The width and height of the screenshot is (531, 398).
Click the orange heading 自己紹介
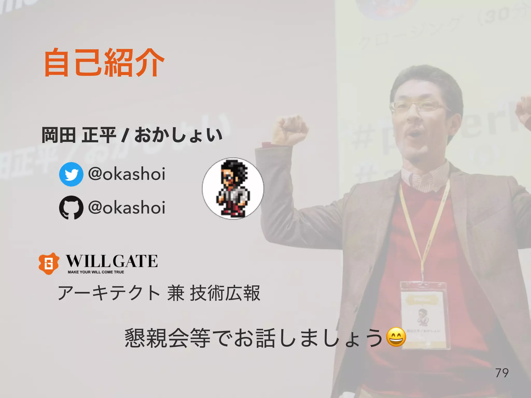(104, 63)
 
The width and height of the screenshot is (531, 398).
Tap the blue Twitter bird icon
(71, 174)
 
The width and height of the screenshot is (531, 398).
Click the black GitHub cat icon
(71, 207)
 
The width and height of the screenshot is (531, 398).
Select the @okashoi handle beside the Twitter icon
(127, 174)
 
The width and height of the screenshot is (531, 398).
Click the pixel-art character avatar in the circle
(233, 189)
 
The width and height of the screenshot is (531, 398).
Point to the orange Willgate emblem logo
(49, 264)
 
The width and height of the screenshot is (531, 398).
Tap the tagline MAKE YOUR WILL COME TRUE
(96, 272)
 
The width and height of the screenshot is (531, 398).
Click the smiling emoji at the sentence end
(396, 337)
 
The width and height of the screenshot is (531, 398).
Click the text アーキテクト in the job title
(109, 293)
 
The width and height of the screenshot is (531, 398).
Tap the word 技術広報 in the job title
(225, 293)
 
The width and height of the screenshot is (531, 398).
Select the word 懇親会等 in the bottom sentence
(167, 338)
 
